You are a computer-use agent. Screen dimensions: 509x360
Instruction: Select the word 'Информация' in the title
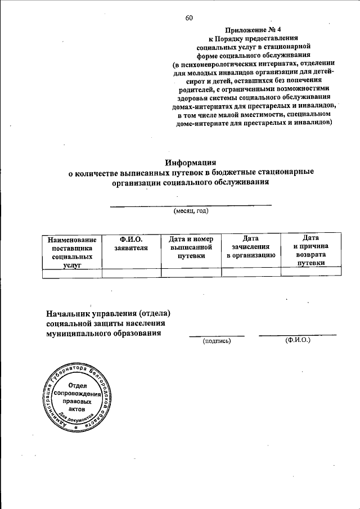[x=191, y=162]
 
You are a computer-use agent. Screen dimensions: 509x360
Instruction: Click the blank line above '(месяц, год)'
[x=191, y=205]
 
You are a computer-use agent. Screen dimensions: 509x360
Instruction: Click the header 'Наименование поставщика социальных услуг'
[x=73, y=251]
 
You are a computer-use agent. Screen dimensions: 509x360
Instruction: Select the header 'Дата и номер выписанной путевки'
[x=191, y=247]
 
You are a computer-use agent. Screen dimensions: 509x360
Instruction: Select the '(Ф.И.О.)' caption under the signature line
[x=298, y=340]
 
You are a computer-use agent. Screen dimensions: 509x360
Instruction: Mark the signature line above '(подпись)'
[x=217, y=336]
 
